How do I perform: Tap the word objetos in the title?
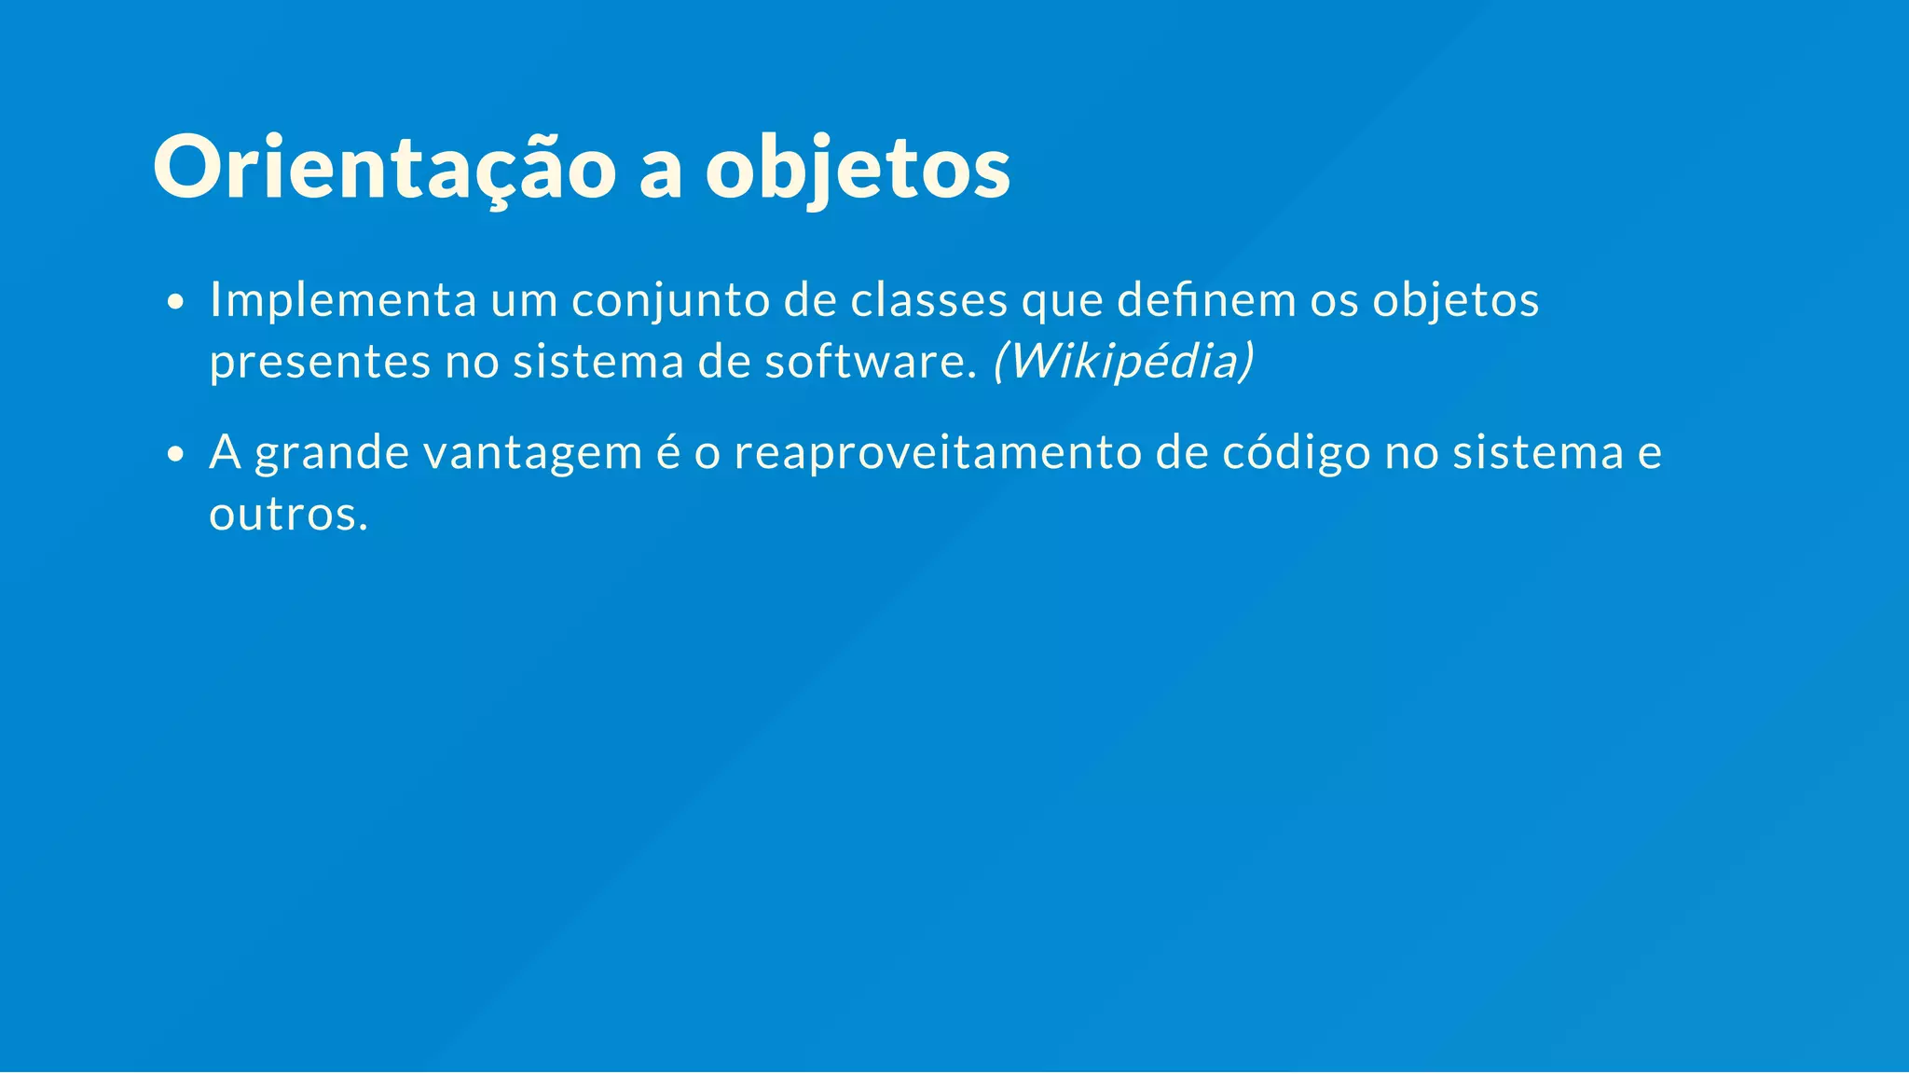(x=858, y=168)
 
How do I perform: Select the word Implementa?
(x=343, y=300)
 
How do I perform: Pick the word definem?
(x=1206, y=300)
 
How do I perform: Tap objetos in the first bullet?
(x=1455, y=300)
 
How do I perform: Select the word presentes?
(x=320, y=362)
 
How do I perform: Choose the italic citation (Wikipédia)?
(x=1123, y=362)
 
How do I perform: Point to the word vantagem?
(x=532, y=453)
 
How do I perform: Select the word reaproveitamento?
(x=938, y=453)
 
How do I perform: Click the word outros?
(x=288, y=514)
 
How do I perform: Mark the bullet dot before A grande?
(x=174, y=455)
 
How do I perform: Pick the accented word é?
(x=668, y=453)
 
